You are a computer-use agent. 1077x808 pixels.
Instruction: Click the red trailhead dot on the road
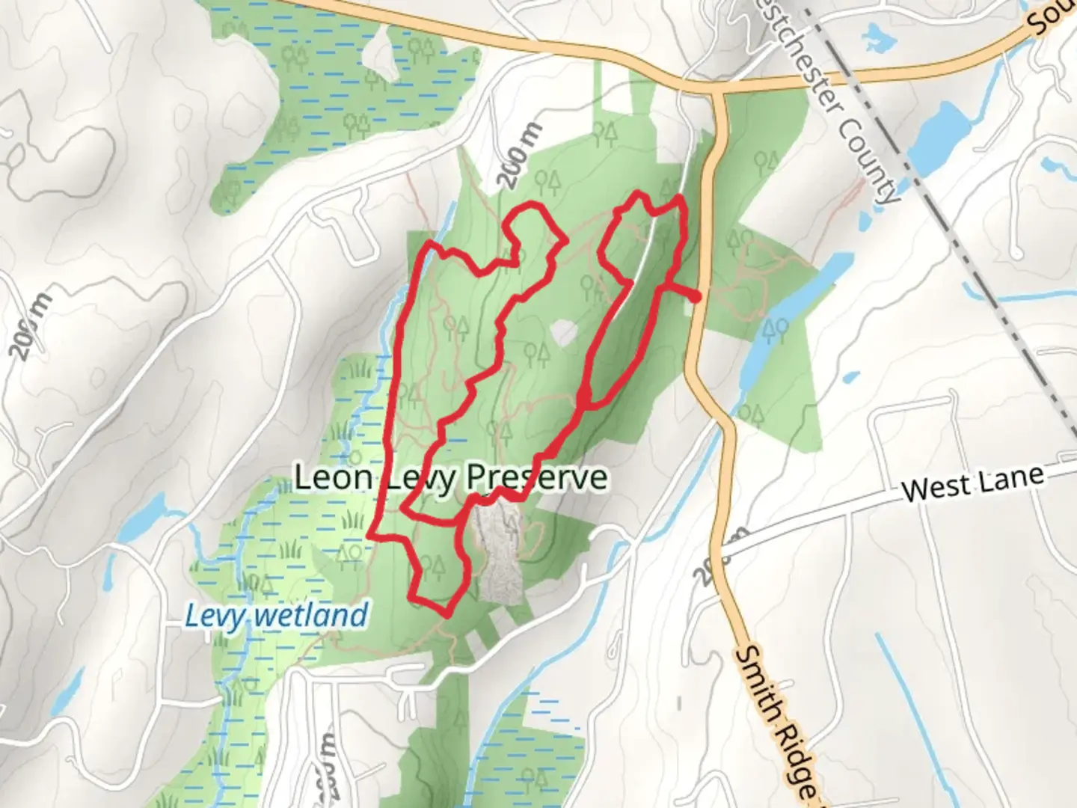696,297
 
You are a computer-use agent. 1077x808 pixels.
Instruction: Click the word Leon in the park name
333,477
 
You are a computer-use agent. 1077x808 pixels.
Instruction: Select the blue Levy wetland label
276,616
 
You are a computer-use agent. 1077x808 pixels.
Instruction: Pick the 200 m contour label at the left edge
31,326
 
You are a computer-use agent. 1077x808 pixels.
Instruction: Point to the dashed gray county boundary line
972,254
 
